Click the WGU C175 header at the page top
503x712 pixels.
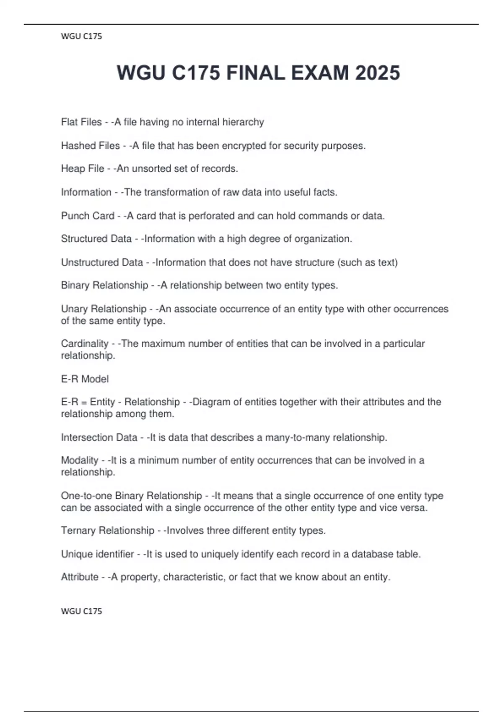[x=81, y=36]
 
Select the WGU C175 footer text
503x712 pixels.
[x=81, y=611]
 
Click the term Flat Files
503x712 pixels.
[x=81, y=122]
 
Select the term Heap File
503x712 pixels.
[x=83, y=168]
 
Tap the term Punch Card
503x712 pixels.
[x=88, y=216]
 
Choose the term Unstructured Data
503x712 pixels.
[x=102, y=262]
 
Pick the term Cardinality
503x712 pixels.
[x=85, y=343]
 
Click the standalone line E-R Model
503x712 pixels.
[x=85, y=379]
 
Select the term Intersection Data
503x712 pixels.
[x=99, y=437]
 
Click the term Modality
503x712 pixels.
[x=80, y=460]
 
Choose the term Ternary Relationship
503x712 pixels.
[x=108, y=530]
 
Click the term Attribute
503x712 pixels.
[x=80, y=577]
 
